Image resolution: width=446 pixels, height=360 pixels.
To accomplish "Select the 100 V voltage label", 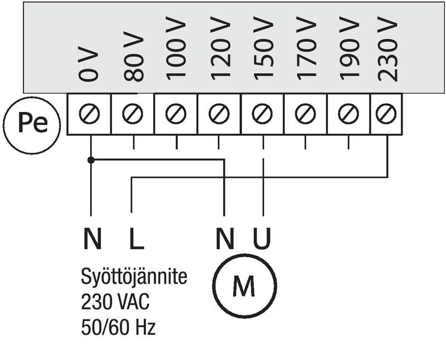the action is (x=176, y=48).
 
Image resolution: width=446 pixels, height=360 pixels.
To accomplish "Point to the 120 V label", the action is (x=220, y=48).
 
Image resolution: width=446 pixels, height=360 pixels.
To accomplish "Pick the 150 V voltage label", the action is (x=263, y=48).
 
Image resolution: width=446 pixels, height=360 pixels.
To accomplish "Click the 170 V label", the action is (x=306, y=48).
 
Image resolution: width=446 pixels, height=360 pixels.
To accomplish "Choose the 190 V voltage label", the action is (x=350, y=48).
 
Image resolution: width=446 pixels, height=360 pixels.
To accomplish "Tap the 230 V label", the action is (x=387, y=49).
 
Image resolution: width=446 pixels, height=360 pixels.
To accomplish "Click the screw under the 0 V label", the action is (x=90, y=114).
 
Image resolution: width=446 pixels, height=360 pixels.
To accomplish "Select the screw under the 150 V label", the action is (x=262, y=114).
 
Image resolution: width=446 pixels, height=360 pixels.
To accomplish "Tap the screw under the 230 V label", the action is (x=386, y=114).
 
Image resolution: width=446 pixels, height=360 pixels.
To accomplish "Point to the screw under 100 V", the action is (x=176, y=114).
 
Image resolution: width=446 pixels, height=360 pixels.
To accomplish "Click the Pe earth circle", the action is (x=32, y=125).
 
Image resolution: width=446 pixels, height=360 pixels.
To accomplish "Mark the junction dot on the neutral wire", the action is (x=91, y=160).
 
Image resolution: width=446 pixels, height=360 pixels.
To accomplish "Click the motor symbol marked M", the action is (x=245, y=286).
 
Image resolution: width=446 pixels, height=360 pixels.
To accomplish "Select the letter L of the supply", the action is (x=137, y=239).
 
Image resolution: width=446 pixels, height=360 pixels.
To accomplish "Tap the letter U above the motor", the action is (x=262, y=239).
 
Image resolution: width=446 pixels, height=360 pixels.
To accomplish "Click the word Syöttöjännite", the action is (x=134, y=277).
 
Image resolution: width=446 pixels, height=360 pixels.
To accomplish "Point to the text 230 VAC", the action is (x=115, y=301).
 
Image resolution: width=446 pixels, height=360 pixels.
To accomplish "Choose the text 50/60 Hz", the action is (x=118, y=327).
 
